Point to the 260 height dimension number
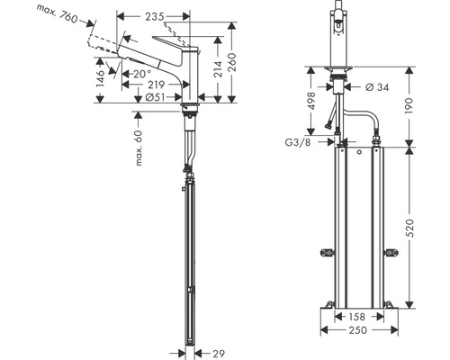(236, 64)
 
